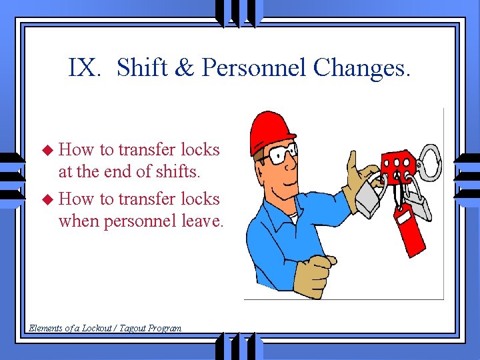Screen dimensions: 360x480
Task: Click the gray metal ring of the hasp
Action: pos(429,164)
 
